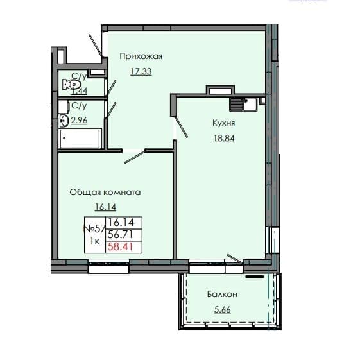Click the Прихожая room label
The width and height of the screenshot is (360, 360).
coord(141,56)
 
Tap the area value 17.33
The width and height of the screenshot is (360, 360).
coord(141,71)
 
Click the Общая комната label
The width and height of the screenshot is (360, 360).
coord(105,192)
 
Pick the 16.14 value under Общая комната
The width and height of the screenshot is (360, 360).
coord(104,207)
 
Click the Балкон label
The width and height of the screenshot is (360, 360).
coord(223,295)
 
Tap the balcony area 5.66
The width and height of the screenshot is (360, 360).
coord(223,309)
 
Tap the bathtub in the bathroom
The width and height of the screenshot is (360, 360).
coord(80,137)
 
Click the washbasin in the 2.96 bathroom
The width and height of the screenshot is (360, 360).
coord(63,119)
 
